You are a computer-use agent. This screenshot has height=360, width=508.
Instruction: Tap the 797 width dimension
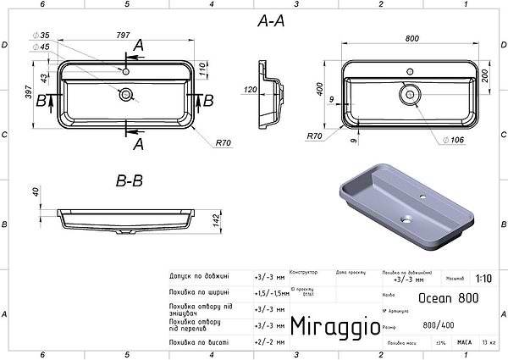124,36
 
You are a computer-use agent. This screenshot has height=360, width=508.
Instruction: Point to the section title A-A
270,24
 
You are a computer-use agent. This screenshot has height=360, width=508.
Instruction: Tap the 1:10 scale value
483,278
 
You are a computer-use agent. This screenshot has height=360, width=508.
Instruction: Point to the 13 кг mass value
489,342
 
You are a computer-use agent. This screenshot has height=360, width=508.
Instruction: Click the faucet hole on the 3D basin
425,197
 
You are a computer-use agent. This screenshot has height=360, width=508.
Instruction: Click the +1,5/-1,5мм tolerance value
270,292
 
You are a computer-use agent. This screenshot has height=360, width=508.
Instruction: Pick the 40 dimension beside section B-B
36,194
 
